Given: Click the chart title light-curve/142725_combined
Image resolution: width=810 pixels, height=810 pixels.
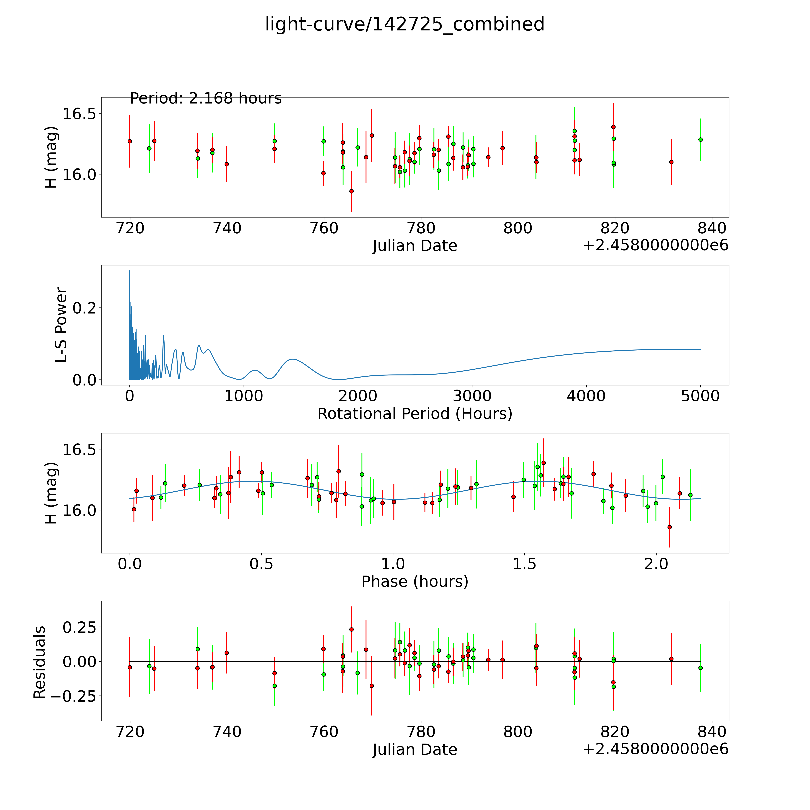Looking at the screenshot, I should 405,24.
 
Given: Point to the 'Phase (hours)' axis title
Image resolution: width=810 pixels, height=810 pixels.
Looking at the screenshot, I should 415,582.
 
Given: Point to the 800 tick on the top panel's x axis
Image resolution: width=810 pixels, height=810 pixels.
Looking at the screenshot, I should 518,228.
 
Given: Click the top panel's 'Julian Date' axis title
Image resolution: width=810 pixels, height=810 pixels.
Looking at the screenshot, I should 415,246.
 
